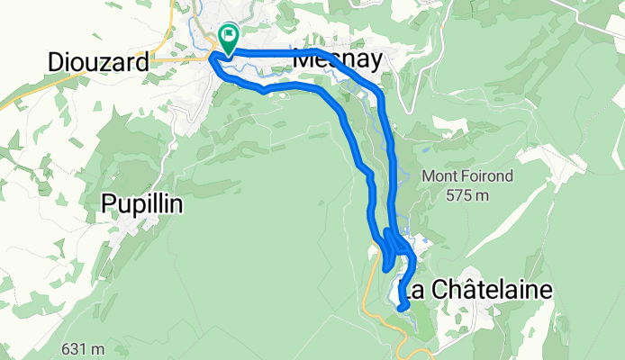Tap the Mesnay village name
point(339,60)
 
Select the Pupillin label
point(142,204)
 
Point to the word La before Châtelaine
point(412,290)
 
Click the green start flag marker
point(228,39)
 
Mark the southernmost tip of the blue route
point(401,308)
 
